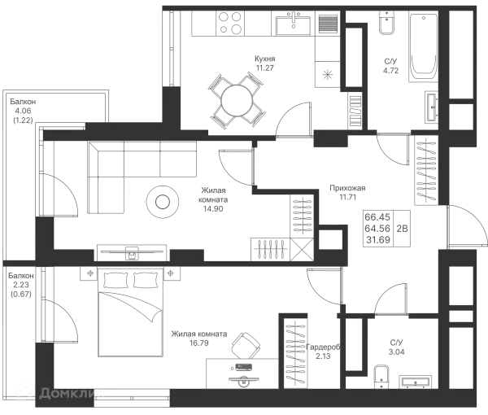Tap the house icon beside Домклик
[26, 393]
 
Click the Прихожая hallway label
[345, 190]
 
